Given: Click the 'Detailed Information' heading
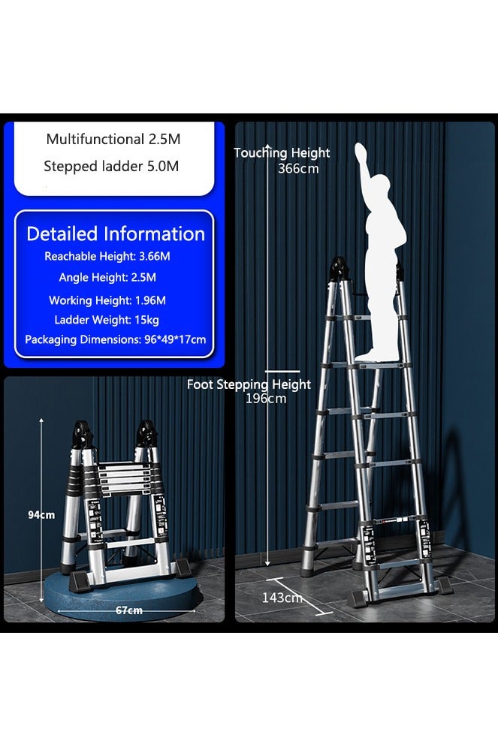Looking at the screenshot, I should point(115,233).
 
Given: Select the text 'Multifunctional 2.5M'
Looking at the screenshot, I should point(113,140).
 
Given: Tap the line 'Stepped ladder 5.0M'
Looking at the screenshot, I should point(111,167).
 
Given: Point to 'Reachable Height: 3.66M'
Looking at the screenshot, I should point(107,257).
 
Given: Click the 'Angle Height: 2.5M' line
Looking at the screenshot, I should point(107,278).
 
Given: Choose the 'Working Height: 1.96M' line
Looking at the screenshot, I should point(107,300).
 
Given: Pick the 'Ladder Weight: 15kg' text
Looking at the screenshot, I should point(107,321).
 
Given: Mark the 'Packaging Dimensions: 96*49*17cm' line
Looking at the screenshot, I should point(115,340).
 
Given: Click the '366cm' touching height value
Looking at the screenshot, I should point(298,169).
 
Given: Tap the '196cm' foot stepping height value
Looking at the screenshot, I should point(266,399).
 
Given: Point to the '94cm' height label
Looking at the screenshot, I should point(41,515).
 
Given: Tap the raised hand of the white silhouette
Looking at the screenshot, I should point(362,150).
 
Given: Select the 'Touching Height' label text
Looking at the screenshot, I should point(282,153).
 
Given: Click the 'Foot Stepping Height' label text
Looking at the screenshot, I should point(249,385).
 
